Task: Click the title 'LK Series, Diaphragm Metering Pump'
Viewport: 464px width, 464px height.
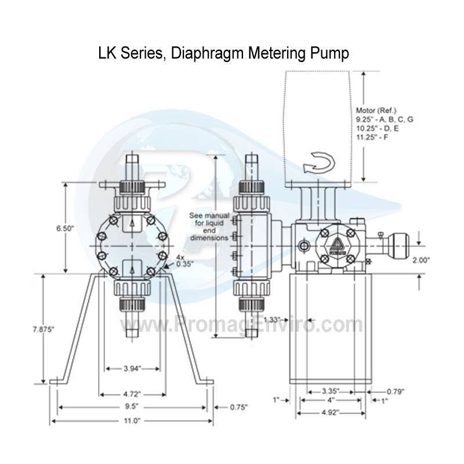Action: [x=224, y=54]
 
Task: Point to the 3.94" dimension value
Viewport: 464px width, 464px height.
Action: [x=132, y=368]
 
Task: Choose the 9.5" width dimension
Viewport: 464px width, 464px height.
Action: [x=132, y=407]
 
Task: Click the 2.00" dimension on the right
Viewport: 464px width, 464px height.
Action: [x=437, y=261]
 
